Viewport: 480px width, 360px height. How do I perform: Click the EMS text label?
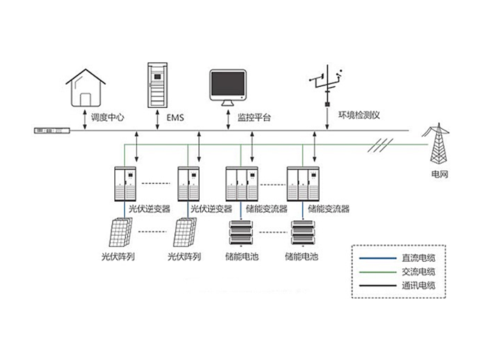click(174, 116)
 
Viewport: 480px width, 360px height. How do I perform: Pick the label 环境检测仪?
click(359, 115)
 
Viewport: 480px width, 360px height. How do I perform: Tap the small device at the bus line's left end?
click(53, 131)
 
